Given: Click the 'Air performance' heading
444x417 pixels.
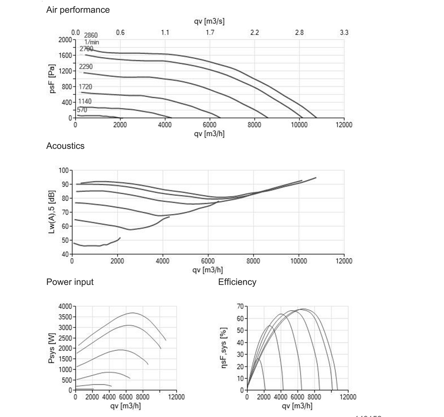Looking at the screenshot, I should pyautogui.click(x=78, y=9).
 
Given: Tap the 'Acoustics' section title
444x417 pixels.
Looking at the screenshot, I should pyautogui.click(x=65, y=146).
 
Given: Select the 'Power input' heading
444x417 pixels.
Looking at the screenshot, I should pyautogui.click(x=70, y=282).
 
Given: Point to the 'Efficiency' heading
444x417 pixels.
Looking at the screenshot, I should pyautogui.click(x=237, y=282).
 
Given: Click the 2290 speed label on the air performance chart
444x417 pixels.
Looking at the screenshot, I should pyautogui.click(x=86, y=67).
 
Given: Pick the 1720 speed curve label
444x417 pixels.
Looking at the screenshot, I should pyautogui.click(x=85, y=87).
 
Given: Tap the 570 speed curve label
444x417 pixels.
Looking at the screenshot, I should pyautogui.click(x=82, y=110).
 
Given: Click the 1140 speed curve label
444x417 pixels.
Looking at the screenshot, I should pyautogui.click(x=85, y=101).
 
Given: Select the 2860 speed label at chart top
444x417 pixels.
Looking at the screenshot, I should pyautogui.click(x=91, y=35).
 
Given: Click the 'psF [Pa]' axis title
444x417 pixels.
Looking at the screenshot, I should pyautogui.click(x=53, y=79).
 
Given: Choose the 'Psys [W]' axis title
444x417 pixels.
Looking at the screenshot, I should pyautogui.click(x=51, y=348).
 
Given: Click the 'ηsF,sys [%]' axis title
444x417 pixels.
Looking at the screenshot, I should pyautogui.click(x=224, y=348).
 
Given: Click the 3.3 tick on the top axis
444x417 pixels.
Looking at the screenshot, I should pyautogui.click(x=344, y=32).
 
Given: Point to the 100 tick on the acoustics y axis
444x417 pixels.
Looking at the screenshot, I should pyautogui.click(x=64, y=170).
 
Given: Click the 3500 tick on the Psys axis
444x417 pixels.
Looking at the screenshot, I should pyautogui.click(x=65, y=317).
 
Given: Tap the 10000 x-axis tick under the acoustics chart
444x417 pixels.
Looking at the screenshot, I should pyautogui.click(x=298, y=261).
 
